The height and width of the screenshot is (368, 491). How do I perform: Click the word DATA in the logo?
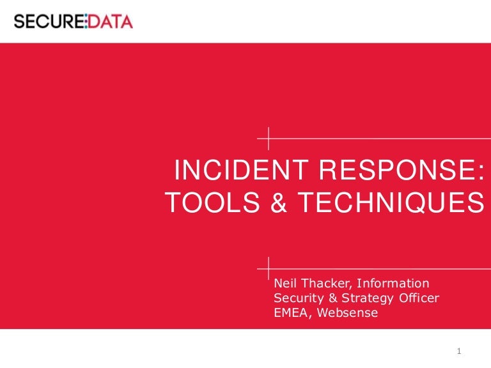pyautogui.click(x=109, y=21)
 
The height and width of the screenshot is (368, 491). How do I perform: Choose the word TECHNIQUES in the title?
pyautogui.click(x=391, y=203)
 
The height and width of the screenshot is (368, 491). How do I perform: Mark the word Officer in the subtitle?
pyautogui.click(x=419, y=298)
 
